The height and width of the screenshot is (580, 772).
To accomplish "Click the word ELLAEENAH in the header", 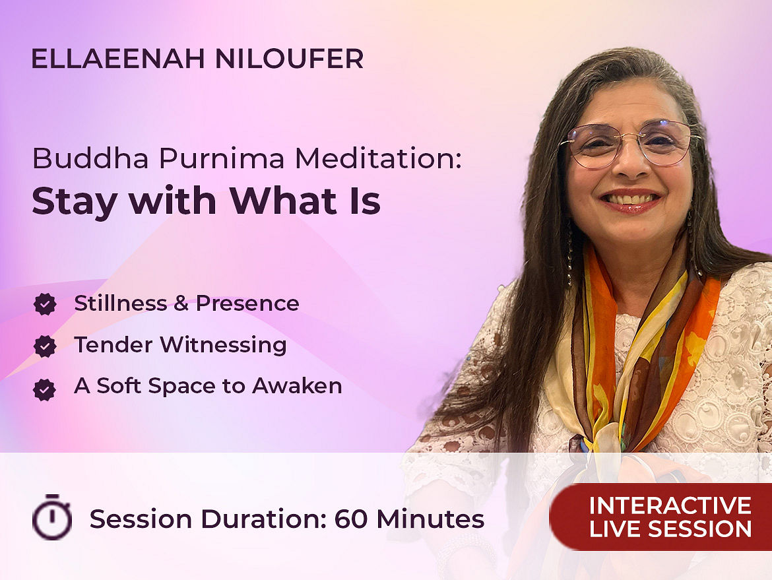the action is [118, 59].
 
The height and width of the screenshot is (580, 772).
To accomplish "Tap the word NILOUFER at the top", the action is [290, 59].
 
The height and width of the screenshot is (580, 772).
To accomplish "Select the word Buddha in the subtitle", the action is [90, 158].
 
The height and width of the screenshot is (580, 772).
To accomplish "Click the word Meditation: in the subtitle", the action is [378, 158].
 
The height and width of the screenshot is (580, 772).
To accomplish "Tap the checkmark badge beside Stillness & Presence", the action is [45, 304].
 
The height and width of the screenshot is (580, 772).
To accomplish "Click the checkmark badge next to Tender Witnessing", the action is [45, 346].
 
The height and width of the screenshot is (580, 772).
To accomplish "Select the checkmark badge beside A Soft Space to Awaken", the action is [45, 389].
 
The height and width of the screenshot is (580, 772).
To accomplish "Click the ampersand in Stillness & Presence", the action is [181, 304].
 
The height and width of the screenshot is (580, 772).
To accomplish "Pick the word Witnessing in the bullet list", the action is [224, 345].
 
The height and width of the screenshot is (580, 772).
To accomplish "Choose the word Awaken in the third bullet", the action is [297, 386].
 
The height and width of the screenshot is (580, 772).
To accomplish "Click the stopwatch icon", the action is [51, 517].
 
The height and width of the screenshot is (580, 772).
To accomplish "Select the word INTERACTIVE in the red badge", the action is [670, 505].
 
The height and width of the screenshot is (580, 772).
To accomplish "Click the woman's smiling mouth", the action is [631, 200].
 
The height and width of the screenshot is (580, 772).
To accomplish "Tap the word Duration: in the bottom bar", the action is [264, 519].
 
